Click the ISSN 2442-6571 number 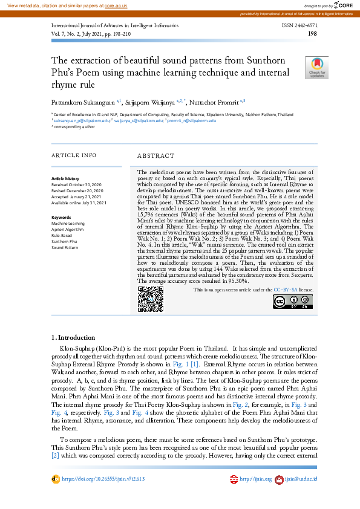[x=299, y=27]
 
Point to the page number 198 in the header [x=313, y=34]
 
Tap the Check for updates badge [x=318, y=68]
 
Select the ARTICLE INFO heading [x=74, y=155]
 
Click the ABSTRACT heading [x=156, y=155]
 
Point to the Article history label [x=65, y=179]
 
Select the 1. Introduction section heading [x=73, y=337]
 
